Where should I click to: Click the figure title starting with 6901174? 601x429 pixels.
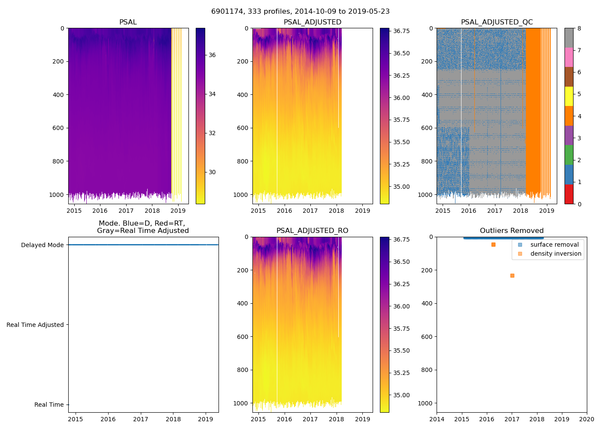[300, 12]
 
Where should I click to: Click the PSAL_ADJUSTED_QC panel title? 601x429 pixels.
[497, 22]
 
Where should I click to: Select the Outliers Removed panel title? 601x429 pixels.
[511, 231]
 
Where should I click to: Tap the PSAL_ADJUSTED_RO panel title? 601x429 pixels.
[312, 231]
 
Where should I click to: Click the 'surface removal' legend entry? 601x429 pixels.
[554, 245]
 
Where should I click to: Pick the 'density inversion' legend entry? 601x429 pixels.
[555, 254]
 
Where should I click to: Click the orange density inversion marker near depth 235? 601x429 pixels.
[512, 275]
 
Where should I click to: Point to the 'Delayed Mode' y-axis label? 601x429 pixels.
[42, 245]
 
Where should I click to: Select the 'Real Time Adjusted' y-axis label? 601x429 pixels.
[35, 325]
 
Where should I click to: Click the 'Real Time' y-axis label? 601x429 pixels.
[49, 405]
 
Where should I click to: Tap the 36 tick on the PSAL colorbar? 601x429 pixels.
[212, 55]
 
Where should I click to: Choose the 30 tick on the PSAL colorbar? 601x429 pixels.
[212, 172]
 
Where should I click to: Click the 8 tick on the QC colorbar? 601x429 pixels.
[579, 28]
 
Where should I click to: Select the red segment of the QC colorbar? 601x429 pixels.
[569, 194]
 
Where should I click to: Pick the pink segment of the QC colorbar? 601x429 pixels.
[569, 57]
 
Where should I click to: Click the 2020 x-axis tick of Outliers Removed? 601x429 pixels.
[587, 419]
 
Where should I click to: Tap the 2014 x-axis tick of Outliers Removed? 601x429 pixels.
[437, 419]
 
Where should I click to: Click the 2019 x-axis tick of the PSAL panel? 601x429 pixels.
[178, 211]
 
